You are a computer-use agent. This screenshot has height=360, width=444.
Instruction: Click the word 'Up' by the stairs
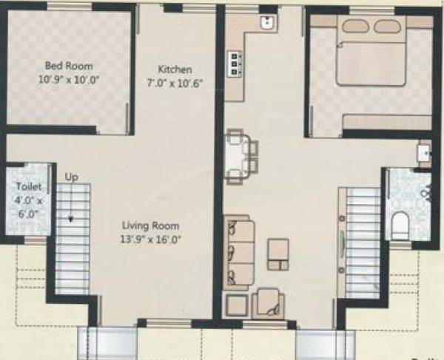72,178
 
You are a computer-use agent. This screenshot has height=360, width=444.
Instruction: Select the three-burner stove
236,64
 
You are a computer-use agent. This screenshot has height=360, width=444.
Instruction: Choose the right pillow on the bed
388,26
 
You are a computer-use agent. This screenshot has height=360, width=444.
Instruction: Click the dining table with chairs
241,156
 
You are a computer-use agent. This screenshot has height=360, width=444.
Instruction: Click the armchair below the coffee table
268,303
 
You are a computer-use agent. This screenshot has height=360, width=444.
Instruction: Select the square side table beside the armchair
236,305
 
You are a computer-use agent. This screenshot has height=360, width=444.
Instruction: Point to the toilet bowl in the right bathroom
400,225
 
